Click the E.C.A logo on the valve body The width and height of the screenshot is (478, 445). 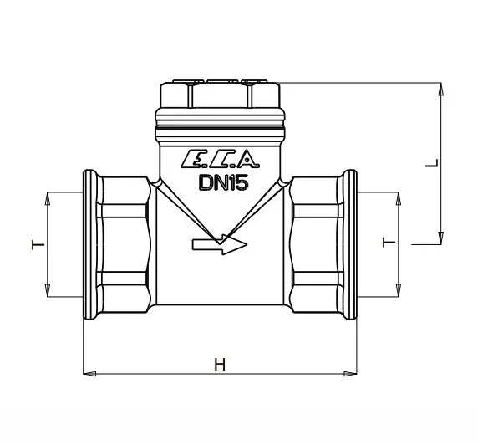(x=221, y=159)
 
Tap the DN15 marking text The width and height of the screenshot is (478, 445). (x=223, y=183)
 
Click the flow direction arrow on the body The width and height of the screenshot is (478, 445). (x=220, y=244)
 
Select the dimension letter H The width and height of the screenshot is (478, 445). (x=220, y=365)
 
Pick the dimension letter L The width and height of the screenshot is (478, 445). (x=432, y=163)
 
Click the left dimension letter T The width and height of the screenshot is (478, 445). (x=38, y=245)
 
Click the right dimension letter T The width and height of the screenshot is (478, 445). (x=389, y=243)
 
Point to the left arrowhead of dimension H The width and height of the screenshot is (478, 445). (x=89, y=374)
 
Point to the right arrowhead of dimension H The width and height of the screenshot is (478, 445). (x=350, y=374)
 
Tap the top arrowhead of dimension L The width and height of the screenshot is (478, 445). (x=440, y=90)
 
